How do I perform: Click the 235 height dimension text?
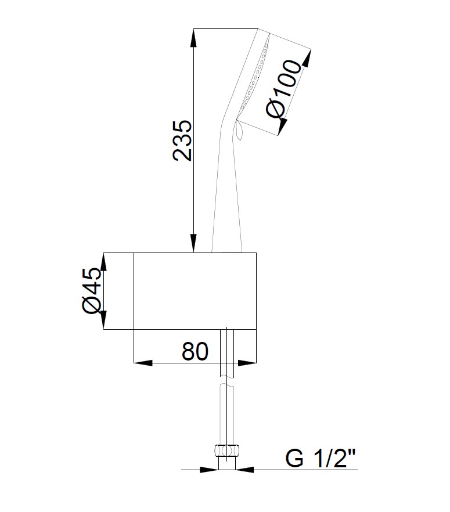(182, 140)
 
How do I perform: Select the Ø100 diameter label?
(283, 88)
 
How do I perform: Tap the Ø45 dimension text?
(92, 291)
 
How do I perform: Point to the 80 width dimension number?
(195, 351)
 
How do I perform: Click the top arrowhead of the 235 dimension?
(194, 38)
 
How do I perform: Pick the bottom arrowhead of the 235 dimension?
(194, 243)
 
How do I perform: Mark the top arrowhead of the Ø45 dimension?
(103, 262)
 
